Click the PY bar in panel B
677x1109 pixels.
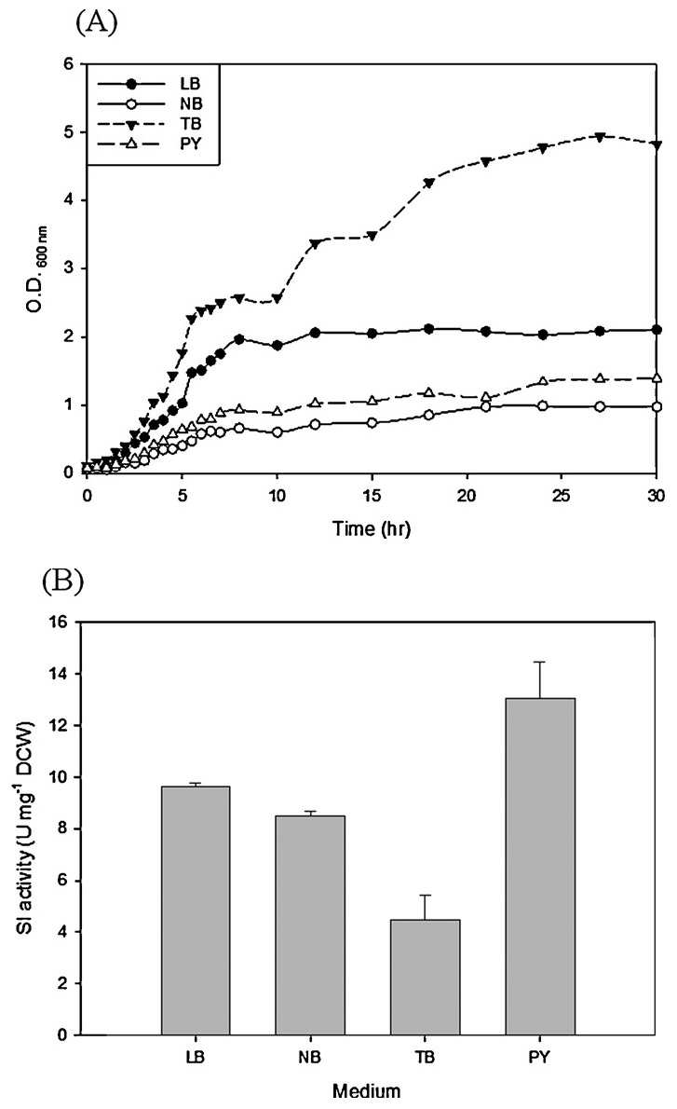[x=540, y=867]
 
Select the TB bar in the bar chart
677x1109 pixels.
[x=426, y=978]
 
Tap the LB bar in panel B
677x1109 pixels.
[x=196, y=911]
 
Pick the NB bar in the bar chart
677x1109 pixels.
[x=310, y=925]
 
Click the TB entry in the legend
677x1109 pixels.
[x=151, y=124]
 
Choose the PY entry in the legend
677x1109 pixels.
[x=151, y=144]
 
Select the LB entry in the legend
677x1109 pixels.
[x=151, y=84]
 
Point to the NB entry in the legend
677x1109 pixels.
[x=151, y=104]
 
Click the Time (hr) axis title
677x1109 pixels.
[x=372, y=527]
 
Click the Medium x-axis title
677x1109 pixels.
[x=367, y=1090]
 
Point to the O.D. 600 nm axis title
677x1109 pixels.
[x=34, y=268]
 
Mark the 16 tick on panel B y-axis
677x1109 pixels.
[x=63, y=623]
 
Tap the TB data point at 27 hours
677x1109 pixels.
[x=600, y=137]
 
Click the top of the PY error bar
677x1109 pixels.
[x=541, y=662]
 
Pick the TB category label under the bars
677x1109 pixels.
[x=426, y=1058]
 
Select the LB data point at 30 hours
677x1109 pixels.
[x=657, y=330]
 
